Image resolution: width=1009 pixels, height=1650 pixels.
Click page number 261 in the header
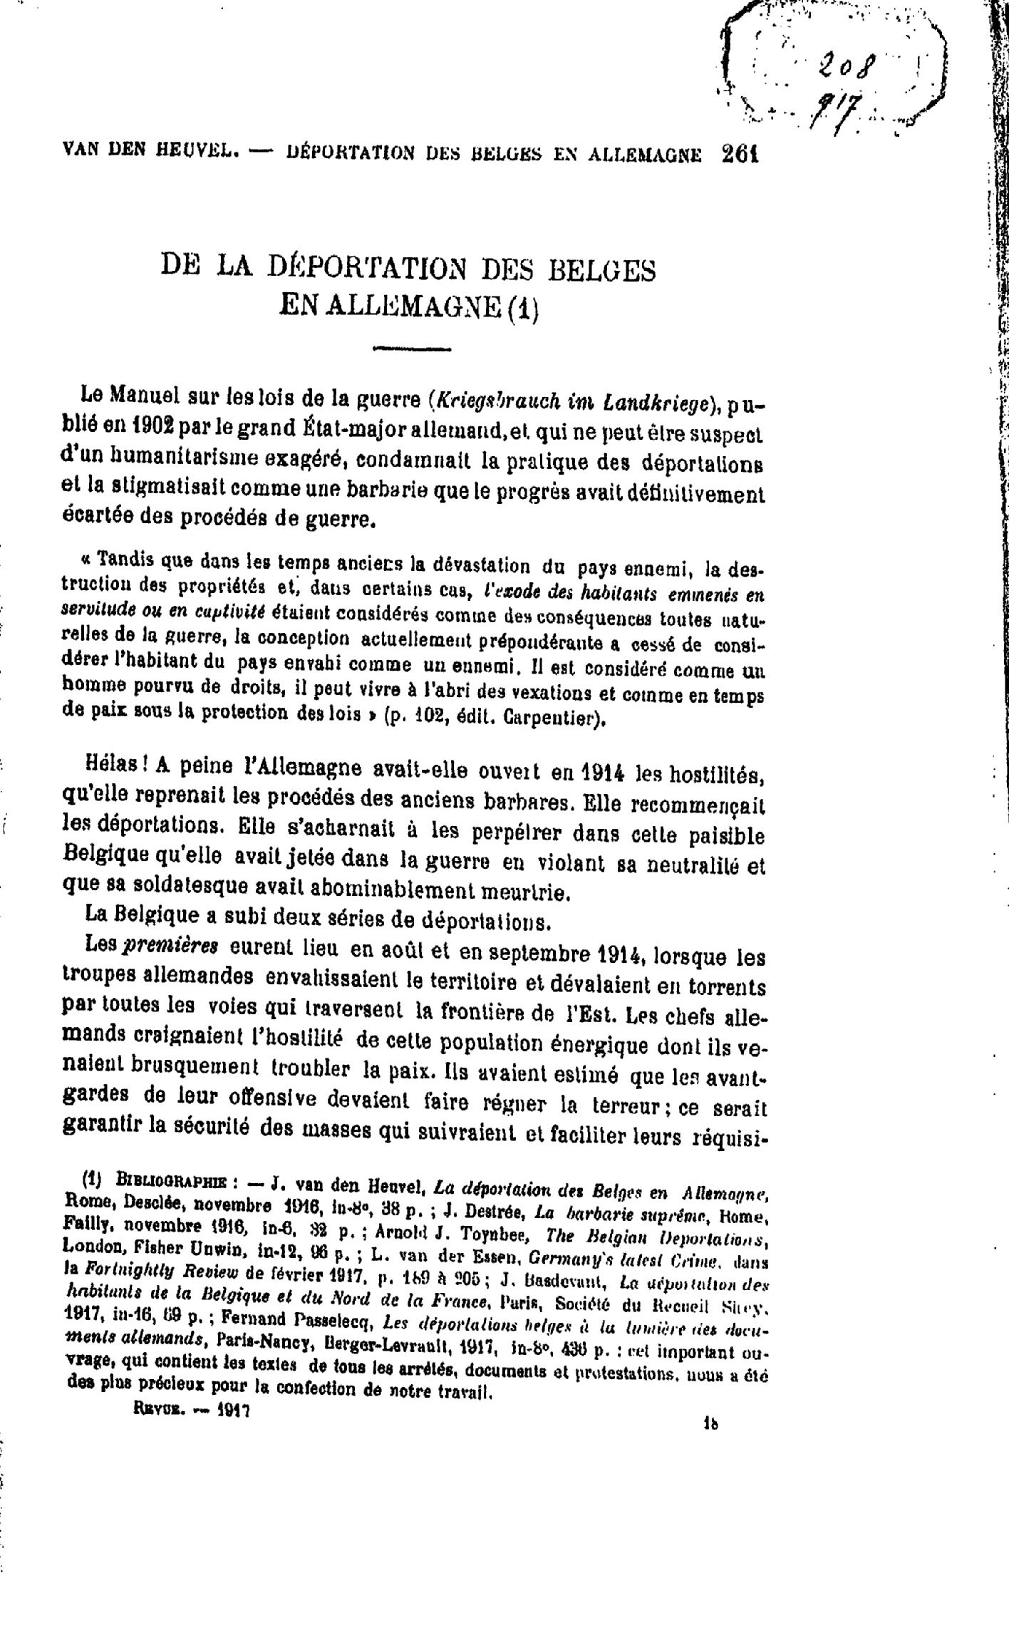741,154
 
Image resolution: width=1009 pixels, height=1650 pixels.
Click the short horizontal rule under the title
423,349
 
